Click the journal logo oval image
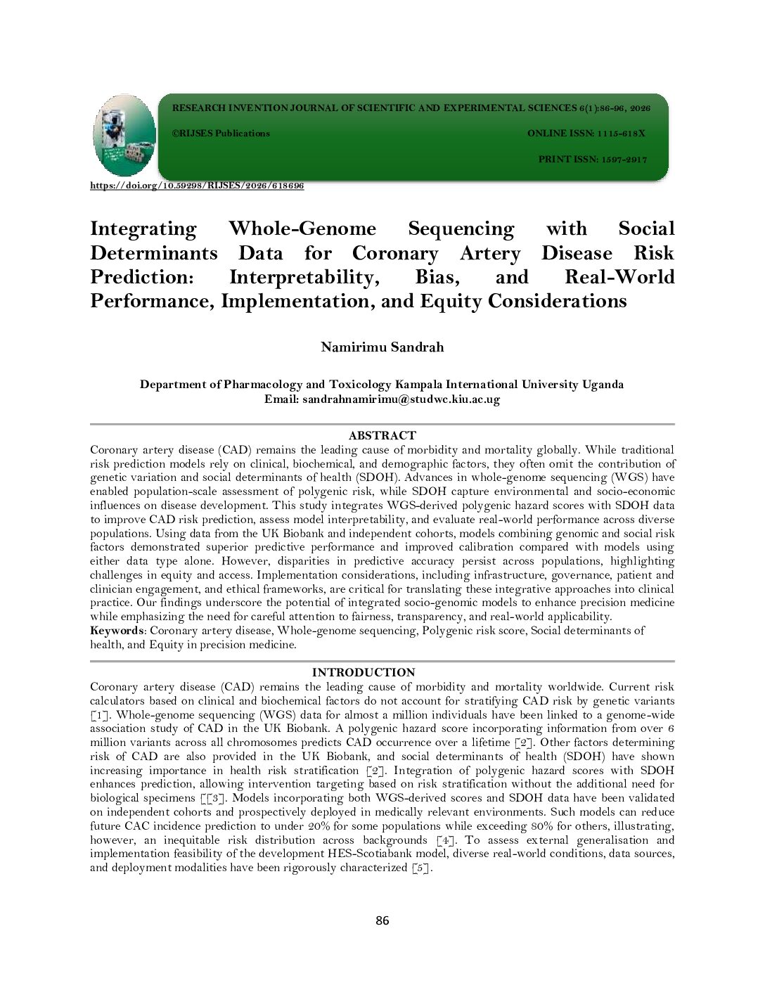(x=124, y=135)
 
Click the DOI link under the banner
(x=197, y=186)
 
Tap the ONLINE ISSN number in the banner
(x=621, y=134)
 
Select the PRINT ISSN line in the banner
(x=592, y=160)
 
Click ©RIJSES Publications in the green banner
(x=221, y=134)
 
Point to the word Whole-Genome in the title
(x=302, y=229)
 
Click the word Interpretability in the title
(x=304, y=277)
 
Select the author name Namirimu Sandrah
(x=382, y=347)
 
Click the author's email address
(x=401, y=399)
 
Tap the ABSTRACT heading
(x=382, y=436)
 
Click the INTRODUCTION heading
(x=364, y=673)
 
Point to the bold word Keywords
(x=117, y=631)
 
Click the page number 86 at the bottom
(x=382, y=920)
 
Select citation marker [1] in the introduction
(x=99, y=715)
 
